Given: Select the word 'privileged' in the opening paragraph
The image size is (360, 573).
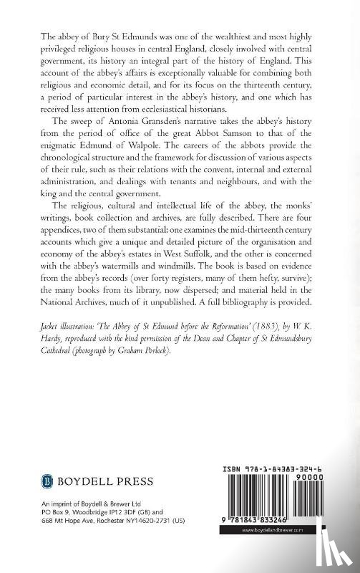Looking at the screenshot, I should (x=41, y=50).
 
